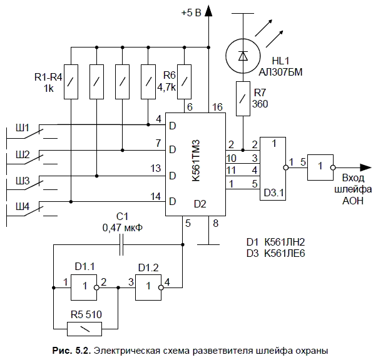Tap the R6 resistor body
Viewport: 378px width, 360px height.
183,81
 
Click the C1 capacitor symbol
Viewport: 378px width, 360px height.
122,245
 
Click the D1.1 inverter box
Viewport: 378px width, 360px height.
84,288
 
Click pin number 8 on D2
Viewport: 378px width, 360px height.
216,222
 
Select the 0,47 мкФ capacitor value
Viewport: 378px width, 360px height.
123,227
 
